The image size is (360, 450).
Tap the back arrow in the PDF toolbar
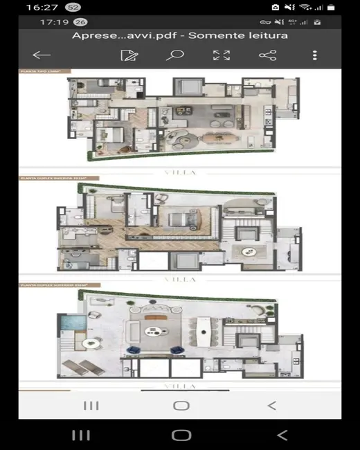(x=42, y=55)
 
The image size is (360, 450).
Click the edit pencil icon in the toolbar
(x=127, y=55)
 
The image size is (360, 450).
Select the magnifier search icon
(x=174, y=55)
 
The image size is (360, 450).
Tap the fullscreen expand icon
(x=221, y=55)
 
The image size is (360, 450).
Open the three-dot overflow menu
(x=315, y=55)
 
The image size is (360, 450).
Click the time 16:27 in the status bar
(x=42, y=7)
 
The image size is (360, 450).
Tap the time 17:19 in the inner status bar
(x=54, y=22)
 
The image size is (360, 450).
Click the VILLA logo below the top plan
(x=179, y=172)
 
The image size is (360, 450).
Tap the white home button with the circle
(x=181, y=405)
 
